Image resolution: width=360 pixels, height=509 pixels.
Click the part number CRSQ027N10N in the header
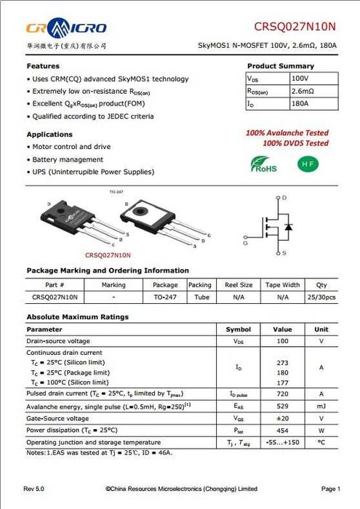295,27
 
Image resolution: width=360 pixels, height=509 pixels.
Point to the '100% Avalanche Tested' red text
287,133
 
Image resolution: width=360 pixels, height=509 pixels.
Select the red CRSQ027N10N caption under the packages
108,255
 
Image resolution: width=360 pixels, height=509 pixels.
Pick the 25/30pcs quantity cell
321,297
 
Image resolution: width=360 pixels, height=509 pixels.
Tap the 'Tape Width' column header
282,285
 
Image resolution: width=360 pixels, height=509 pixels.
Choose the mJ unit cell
321,406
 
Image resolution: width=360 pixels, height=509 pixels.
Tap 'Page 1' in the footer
330,488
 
